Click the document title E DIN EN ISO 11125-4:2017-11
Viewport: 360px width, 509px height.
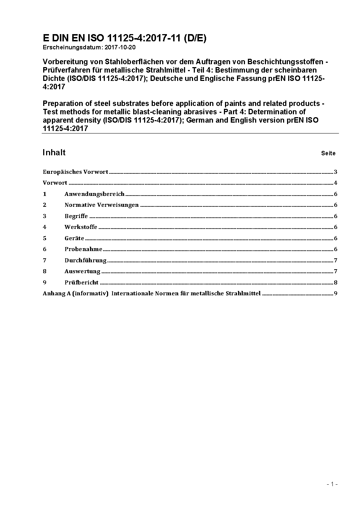pyautogui.click(x=124, y=38)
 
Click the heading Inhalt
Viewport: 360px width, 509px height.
pyautogui.click(x=54, y=152)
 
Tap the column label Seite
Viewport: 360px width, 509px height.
pyautogui.click(x=328, y=153)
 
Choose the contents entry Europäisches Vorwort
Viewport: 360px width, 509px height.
pyautogui.click(x=75, y=172)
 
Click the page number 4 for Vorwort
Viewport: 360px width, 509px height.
pyautogui.click(x=336, y=183)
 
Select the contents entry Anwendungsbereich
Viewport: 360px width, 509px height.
pyautogui.click(x=94, y=194)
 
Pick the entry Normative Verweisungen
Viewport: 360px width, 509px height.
pyautogui.click(x=102, y=205)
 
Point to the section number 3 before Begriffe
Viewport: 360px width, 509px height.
pyautogui.click(x=45, y=216)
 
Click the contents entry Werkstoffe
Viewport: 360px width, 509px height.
pyautogui.click(x=81, y=227)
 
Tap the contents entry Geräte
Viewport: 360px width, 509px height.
pyautogui.click(x=74, y=238)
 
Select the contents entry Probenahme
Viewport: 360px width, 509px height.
pyautogui.click(x=83, y=249)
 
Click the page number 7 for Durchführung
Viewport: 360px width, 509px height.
pyautogui.click(x=336, y=260)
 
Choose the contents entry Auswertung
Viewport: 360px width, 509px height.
pyautogui.click(x=82, y=271)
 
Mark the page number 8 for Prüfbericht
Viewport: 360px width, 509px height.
pyautogui.click(x=336, y=283)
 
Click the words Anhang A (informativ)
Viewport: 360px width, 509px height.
pyautogui.click(x=75, y=294)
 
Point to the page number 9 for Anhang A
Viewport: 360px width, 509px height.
pyautogui.click(x=336, y=294)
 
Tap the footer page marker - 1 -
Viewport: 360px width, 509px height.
pyautogui.click(x=332, y=484)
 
